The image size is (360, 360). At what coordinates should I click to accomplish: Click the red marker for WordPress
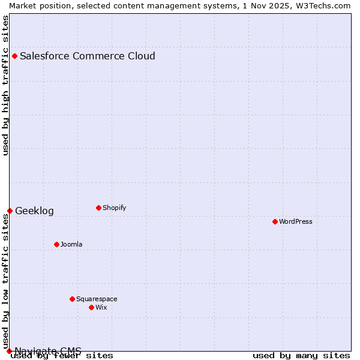click(x=275, y=221)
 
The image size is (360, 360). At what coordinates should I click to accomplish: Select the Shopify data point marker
click(x=98, y=208)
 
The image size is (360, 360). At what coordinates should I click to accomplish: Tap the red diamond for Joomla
click(x=56, y=244)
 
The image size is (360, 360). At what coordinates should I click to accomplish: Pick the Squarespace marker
click(x=72, y=299)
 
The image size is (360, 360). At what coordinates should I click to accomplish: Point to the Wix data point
click(x=91, y=307)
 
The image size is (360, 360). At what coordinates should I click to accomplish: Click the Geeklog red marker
click(x=10, y=211)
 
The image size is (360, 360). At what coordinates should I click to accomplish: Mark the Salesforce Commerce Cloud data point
click(x=14, y=56)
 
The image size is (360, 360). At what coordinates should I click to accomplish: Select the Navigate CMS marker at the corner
click(x=9, y=351)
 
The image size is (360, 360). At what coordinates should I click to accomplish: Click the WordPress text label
click(x=296, y=221)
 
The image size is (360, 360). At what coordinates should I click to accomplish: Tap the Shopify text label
click(x=114, y=208)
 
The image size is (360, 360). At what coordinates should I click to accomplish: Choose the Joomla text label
click(x=71, y=244)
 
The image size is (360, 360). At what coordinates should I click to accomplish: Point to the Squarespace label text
click(x=97, y=299)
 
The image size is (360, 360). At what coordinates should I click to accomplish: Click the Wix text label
click(x=101, y=307)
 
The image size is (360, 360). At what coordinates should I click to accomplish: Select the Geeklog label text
click(x=34, y=211)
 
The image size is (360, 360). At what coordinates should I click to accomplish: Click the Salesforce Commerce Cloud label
click(x=88, y=56)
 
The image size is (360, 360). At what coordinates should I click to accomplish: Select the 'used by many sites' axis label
click(x=301, y=356)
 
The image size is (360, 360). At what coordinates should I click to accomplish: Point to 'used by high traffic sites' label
click(x=5, y=85)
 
